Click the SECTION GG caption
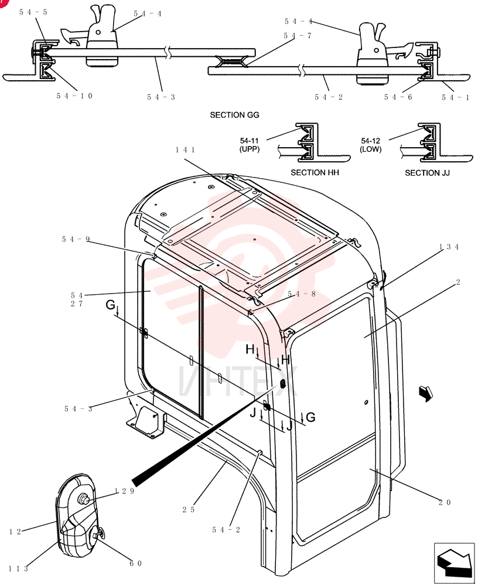tap(234, 115)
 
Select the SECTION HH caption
tap(315, 173)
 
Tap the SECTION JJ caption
tap(427, 173)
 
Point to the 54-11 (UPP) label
tap(250, 145)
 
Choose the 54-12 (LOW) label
tap(370, 145)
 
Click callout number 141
tap(185, 150)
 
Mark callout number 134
tap(449, 247)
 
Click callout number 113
tap(18, 569)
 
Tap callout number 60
tap(136, 564)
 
